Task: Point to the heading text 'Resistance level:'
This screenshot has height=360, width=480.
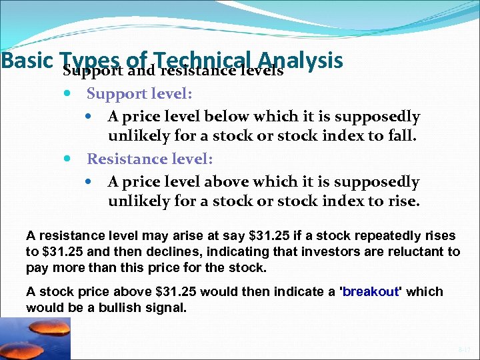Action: (x=150, y=159)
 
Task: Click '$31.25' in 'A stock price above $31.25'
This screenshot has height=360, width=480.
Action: (x=175, y=292)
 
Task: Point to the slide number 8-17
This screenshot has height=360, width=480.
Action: (x=464, y=349)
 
